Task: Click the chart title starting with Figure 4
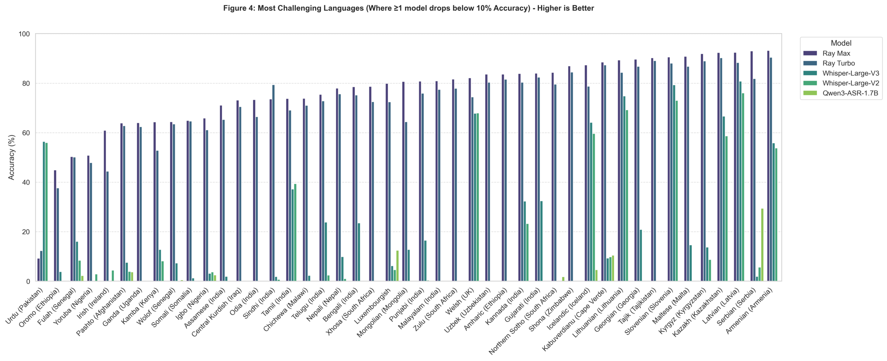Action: coord(409,8)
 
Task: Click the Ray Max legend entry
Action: coord(836,53)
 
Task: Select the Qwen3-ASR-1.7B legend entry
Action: coord(851,93)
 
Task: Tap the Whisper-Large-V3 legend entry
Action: coord(851,73)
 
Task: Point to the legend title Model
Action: coord(841,43)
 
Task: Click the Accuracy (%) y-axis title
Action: coord(11,157)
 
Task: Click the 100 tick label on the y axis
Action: coord(24,34)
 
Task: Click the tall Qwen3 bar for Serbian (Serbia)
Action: coord(762,244)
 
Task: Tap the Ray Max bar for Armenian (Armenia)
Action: coord(768,166)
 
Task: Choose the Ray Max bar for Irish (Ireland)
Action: coord(105,206)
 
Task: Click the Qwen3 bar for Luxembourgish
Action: coord(397,266)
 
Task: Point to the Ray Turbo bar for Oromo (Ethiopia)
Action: coord(58,234)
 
